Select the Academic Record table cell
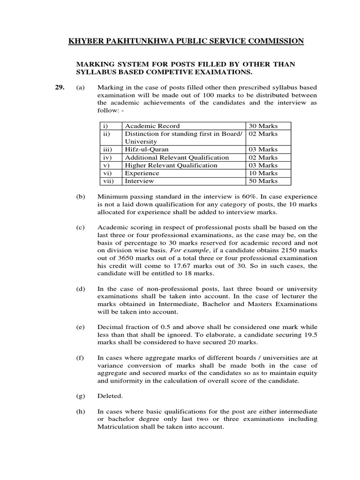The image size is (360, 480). (x=152, y=126)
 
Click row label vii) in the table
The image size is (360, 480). (x=108, y=181)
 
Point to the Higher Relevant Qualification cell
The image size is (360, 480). (x=171, y=165)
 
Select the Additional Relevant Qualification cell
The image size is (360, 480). (x=177, y=157)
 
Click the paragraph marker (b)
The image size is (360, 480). (x=81, y=196)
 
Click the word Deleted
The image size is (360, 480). (x=110, y=396)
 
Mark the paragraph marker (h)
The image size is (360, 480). (x=81, y=411)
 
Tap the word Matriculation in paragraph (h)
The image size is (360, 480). (x=119, y=427)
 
